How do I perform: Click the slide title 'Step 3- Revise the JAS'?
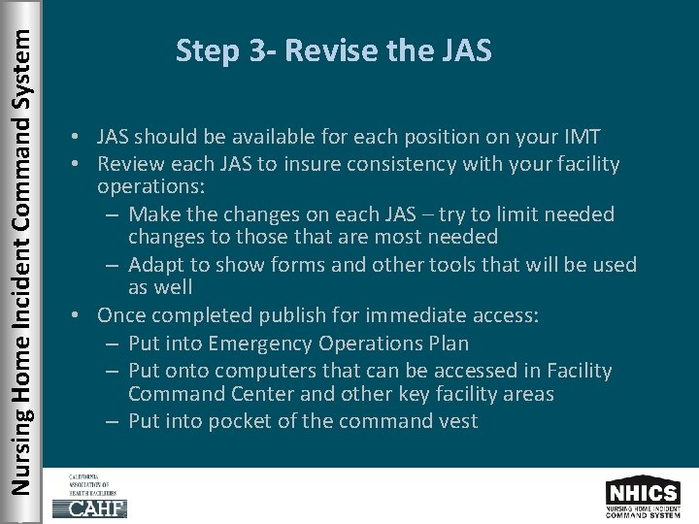(x=333, y=50)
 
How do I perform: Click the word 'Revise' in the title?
(x=324, y=50)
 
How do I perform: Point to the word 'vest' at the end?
(x=457, y=421)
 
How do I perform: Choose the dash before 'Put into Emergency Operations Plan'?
(x=113, y=344)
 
